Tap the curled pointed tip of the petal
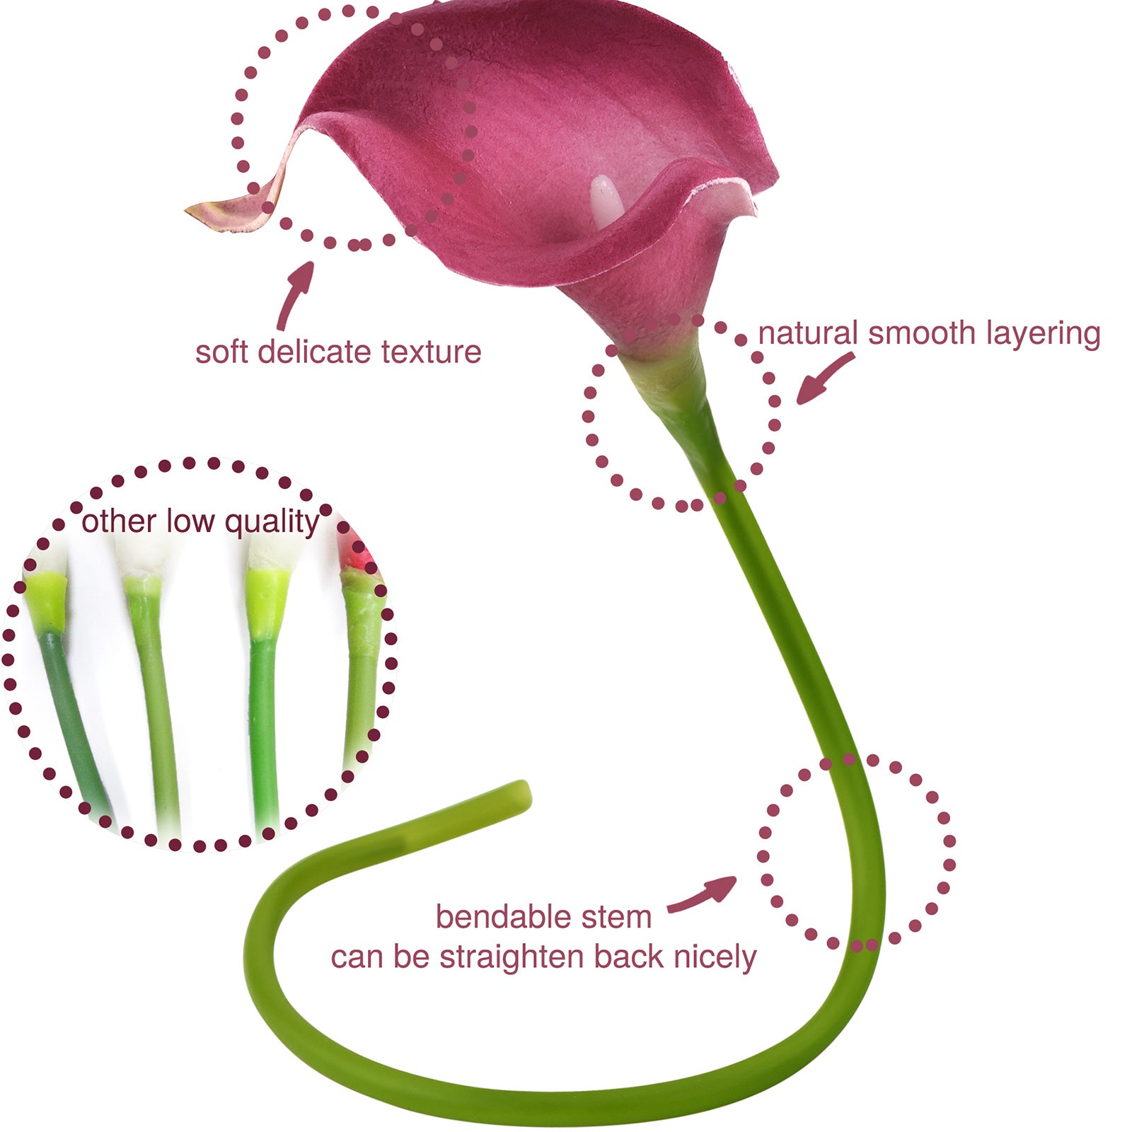pos(195,211)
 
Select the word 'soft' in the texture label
pos(221,352)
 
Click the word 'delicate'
pos(314,352)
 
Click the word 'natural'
pos(808,333)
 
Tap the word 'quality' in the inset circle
pos(272,522)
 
